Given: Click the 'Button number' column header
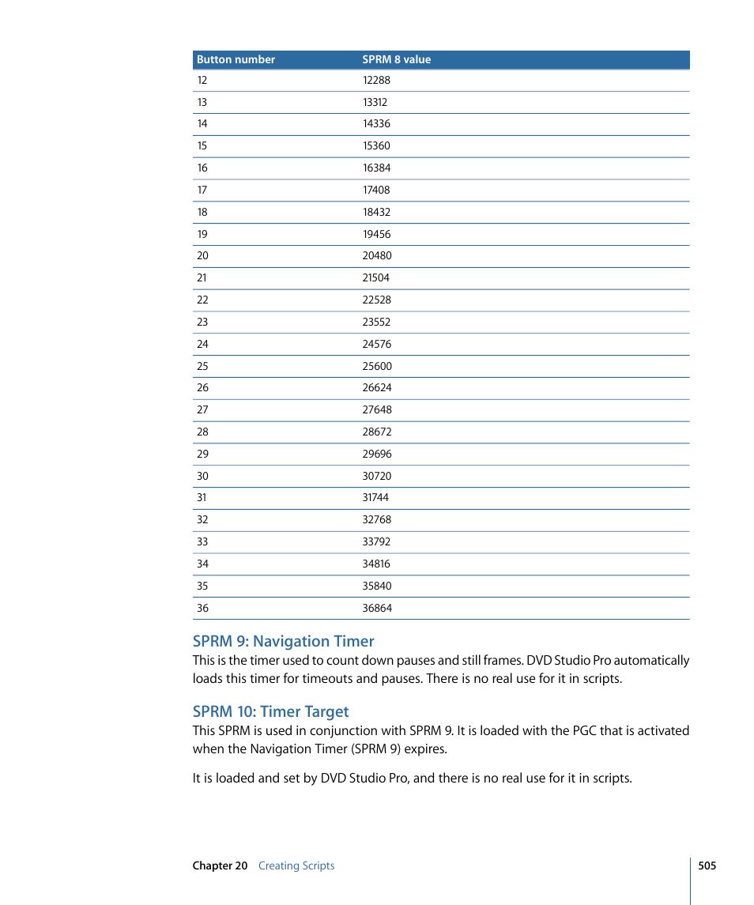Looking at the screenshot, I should point(236,59).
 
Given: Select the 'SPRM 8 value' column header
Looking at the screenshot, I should point(396,59).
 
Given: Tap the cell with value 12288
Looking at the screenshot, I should point(376,80).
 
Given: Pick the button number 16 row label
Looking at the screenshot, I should point(202,168).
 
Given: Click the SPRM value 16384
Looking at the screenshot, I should point(376,168).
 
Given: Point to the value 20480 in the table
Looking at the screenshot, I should point(377,255).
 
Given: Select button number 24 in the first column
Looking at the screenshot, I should point(202,344).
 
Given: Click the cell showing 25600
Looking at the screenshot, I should point(377,366).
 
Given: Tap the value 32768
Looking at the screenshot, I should point(377,519).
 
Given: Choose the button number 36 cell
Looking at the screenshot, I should point(202,608).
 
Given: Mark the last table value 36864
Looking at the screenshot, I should point(377,608).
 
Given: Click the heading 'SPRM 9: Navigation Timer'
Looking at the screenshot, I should point(283,641).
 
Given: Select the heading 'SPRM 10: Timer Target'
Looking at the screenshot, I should point(270,711).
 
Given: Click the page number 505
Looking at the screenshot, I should point(707,865).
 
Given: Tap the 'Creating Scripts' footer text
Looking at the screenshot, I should point(296,865).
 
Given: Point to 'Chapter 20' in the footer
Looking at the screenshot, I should point(220,865).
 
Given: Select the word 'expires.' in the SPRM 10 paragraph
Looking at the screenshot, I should point(426,749).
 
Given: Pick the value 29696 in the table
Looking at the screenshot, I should point(377,454).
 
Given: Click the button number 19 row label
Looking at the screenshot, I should point(202,234).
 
